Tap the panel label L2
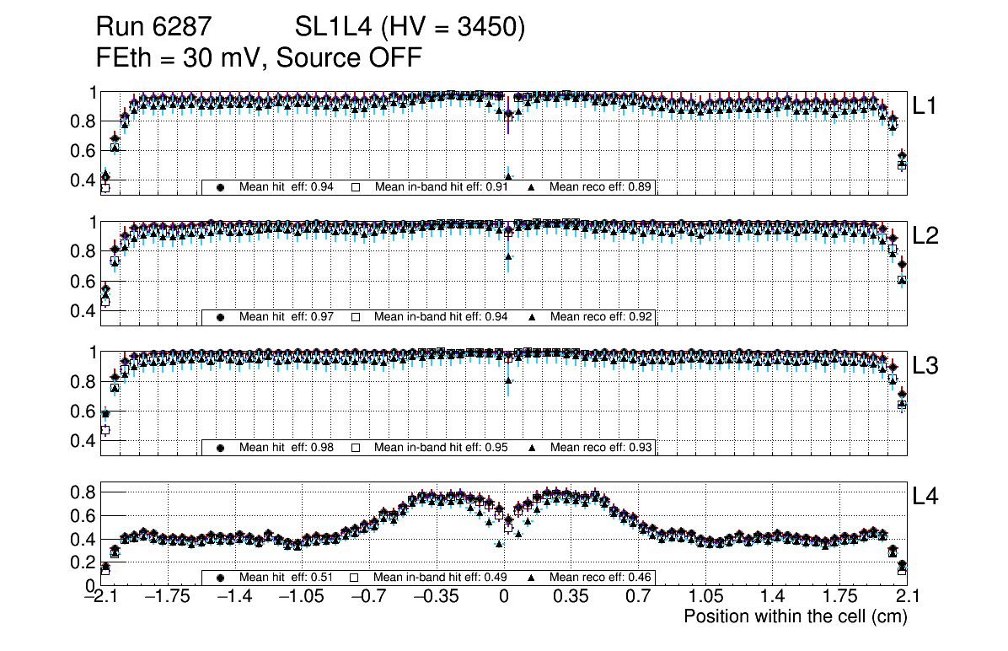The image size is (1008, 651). (925, 236)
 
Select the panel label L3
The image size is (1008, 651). (925, 366)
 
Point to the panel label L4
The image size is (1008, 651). (925, 498)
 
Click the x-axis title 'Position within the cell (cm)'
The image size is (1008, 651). (795, 616)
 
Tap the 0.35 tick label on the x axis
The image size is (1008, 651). (571, 597)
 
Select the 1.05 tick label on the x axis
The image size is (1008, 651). (705, 597)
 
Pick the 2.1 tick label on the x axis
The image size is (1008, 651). (906, 597)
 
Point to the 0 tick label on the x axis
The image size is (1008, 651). (504, 597)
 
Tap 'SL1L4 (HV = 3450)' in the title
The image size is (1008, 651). (410, 28)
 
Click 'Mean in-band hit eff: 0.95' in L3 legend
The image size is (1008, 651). (441, 447)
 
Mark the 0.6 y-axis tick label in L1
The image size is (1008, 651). (82, 151)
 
